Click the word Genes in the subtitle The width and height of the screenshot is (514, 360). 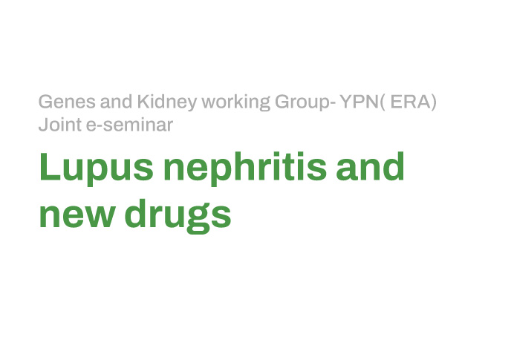click(67, 102)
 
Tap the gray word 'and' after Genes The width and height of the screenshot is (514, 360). click(116, 102)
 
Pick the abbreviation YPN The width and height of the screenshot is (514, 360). click(360, 102)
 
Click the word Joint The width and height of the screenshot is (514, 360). click(60, 125)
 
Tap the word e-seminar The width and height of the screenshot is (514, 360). click(129, 125)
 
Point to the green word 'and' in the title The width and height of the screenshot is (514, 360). click(370, 166)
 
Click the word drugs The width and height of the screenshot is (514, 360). click(178, 216)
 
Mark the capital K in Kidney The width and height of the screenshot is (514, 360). click(143, 102)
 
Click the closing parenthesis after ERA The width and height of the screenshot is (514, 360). click(434, 102)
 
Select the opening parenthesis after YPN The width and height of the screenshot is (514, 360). click(383, 102)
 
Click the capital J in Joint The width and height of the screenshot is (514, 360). click(43, 125)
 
